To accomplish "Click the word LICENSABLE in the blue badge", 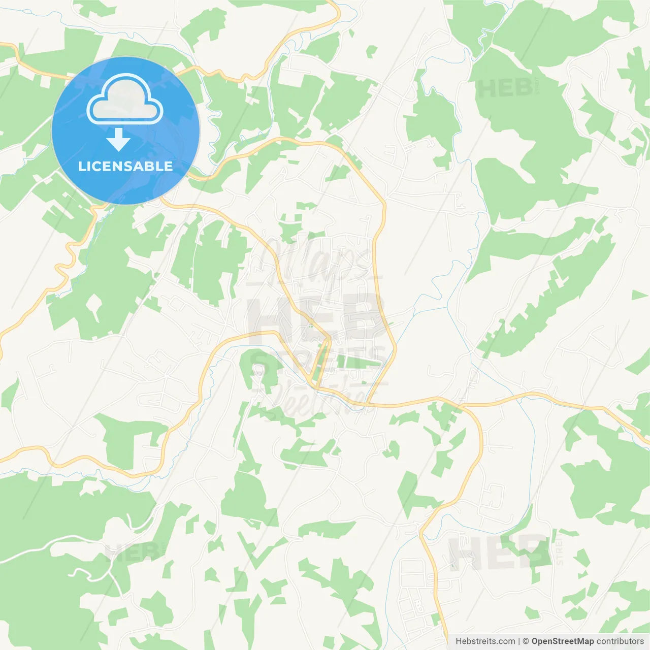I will [125, 166].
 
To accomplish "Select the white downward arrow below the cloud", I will [118, 140].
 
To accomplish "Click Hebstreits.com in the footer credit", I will [485, 641].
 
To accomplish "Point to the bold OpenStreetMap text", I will [562, 641].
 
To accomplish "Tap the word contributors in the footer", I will [620, 641].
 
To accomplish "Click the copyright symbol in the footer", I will [526, 641].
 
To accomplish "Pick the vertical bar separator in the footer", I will [519, 641].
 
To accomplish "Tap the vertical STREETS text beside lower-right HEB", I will [560, 548].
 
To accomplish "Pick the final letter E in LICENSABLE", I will [168, 166].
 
